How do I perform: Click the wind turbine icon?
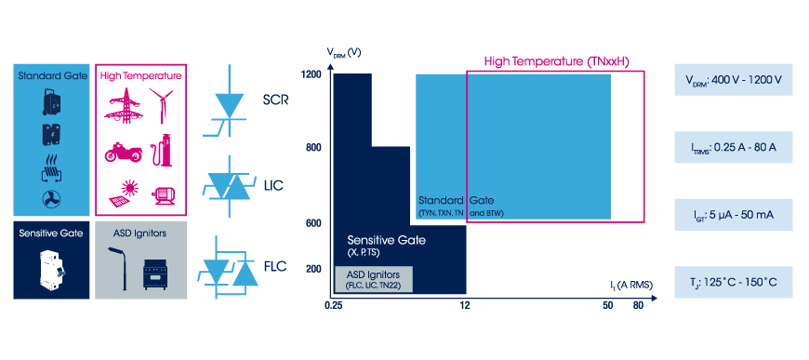pos(161,105)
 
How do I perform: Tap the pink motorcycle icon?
pos(124,152)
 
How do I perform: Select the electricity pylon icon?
pos(123,105)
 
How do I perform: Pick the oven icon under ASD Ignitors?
pos(156,273)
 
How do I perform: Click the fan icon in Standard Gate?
pos(51,199)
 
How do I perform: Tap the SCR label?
pos(276,100)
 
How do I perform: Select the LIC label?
pos(273,185)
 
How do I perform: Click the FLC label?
pos(274,267)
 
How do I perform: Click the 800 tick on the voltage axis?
pos(313,148)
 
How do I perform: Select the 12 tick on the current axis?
pos(465,305)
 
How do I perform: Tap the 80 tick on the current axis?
pos(638,305)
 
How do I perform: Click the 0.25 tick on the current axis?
pos(334,305)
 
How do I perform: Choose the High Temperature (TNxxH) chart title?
pos(557,62)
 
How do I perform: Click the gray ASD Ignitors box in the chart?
pos(374,279)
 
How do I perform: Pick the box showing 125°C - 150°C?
pos(733,282)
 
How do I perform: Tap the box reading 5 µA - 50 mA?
pos(733,214)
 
